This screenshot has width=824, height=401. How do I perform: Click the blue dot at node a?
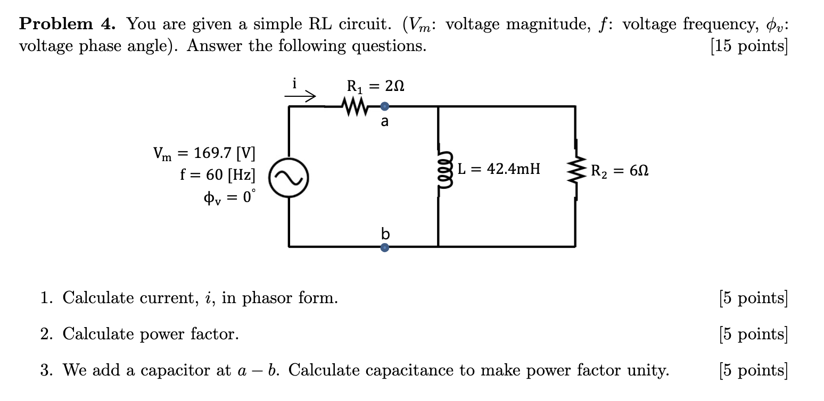pos(385,105)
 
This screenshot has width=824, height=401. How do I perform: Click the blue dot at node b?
pos(385,247)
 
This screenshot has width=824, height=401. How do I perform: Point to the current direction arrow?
pos(300,97)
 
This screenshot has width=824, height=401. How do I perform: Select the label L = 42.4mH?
pos(499,169)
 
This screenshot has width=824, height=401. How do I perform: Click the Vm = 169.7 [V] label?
pos(204,154)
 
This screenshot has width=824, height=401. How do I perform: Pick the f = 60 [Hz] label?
pos(218,174)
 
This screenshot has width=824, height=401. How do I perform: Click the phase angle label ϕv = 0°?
pos(229,196)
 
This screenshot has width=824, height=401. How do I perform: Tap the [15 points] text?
pos(749,46)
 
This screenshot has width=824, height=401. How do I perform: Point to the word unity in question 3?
pos(646,370)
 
